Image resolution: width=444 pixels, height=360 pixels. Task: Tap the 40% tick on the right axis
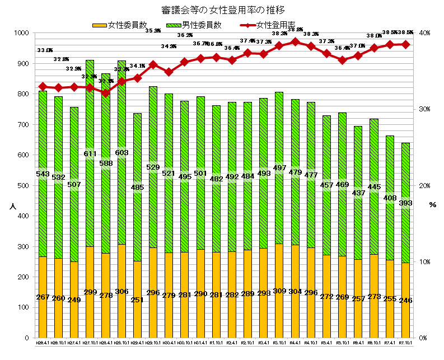422,34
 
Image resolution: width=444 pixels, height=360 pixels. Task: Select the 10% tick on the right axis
422,262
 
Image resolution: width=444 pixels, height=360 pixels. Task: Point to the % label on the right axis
432,205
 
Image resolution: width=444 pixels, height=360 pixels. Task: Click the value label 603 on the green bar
121,152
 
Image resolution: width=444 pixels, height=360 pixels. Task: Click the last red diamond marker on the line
405,44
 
